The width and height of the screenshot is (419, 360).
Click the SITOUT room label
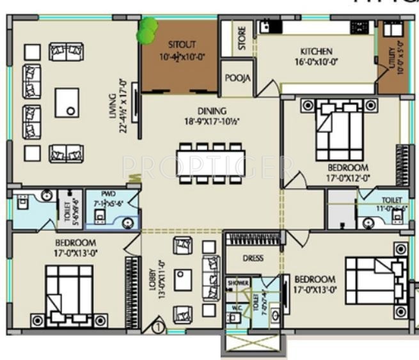click(x=182, y=45)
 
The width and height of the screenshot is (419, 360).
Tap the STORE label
click(x=242, y=39)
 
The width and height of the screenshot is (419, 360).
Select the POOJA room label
click(x=237, y=78)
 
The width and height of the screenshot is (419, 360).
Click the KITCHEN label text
click(x=316, y=52)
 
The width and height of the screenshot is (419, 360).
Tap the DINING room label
click(x=211, y=111)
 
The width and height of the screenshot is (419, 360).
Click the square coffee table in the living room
click(x=67, y=103)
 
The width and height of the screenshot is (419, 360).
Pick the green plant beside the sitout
click(x=148, y=30)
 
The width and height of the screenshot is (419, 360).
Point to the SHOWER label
click(x=239, y=283)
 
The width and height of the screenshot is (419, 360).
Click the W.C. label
click(x=237, y=308)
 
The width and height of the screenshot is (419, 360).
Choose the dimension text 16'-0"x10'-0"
click(x=315, y=63)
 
